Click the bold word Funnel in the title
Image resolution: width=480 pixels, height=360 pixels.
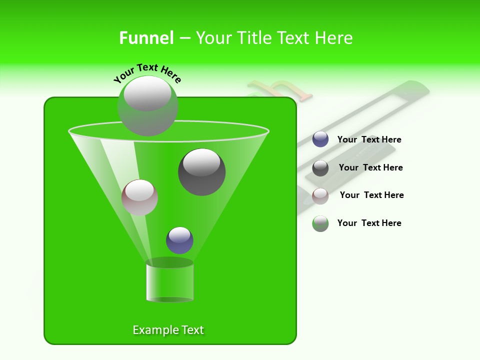point(146,38)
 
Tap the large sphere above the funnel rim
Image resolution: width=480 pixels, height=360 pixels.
point(147,106)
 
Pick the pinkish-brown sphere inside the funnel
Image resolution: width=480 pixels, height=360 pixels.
point(139,197)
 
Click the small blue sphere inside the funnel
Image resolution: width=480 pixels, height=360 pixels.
point(179,240)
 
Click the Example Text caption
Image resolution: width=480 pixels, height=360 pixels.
point(168,330)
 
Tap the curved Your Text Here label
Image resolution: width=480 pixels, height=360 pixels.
point(147,73)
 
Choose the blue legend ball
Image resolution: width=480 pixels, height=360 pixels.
point(320,139)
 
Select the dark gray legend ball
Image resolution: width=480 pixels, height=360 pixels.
point(320,168)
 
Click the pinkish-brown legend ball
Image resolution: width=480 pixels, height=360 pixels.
point(320,195)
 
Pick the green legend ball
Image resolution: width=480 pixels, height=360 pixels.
point(320,223)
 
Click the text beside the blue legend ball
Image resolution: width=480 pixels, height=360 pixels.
point(369,139)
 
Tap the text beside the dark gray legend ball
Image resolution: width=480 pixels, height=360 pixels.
point(370,167)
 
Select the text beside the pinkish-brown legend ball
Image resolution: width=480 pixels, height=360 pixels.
point(371,195)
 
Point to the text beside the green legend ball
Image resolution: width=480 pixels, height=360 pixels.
point(369,223)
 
